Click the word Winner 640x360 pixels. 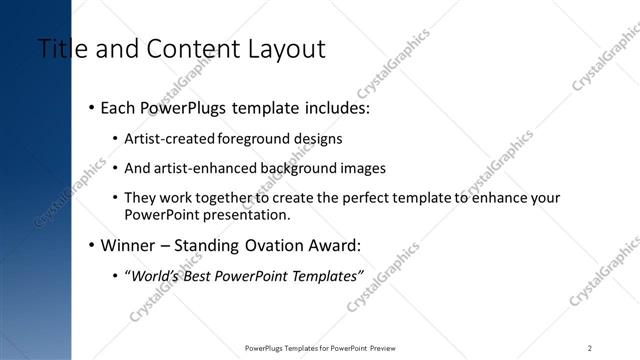pos(129,245)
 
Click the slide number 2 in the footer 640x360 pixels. pos(590,348)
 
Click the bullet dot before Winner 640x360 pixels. pos(91,245)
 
